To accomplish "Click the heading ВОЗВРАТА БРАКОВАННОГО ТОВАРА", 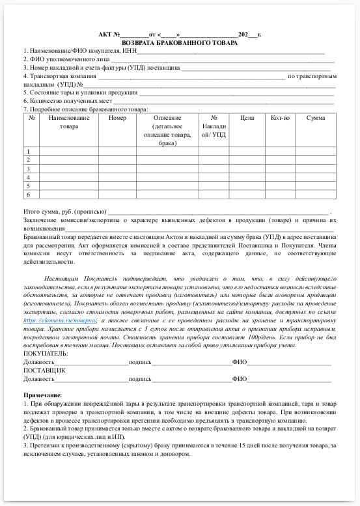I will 180,42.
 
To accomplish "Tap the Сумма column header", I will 315,118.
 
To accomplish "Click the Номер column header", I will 117,118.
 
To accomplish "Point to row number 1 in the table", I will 29,151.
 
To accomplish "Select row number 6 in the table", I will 29,194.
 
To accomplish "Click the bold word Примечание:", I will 43,395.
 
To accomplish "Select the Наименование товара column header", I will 68,122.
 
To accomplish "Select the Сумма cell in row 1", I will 315,151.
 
